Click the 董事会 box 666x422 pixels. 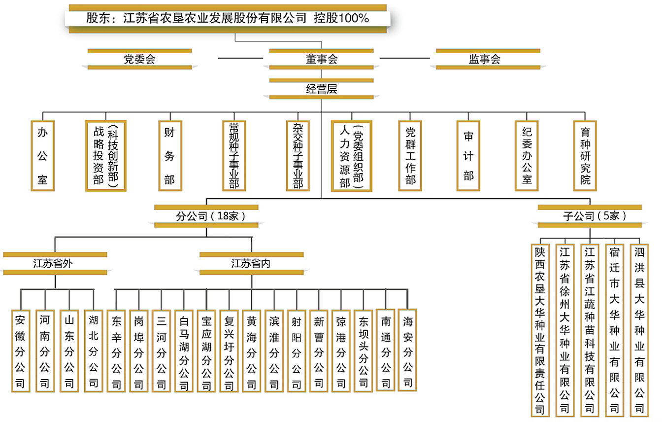click(321, 59)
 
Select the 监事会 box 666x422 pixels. click(488, 59)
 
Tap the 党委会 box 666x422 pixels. click(140, 59)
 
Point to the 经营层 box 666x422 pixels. click(321, 89)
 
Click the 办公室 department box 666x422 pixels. click(42, 156)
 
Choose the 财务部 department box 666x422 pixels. click(170, 156)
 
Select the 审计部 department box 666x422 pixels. click(468, 156)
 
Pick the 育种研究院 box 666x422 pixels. click(585, 156)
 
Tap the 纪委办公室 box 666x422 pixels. click(527, 156)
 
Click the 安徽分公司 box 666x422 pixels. click(21, 351)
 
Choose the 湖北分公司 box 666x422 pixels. click(94, 351)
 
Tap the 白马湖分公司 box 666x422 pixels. click(184, 351)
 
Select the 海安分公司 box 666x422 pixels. click(407, 350)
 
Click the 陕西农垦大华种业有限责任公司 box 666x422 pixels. click(540, 330)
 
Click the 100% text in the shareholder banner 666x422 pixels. click(354, 18)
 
